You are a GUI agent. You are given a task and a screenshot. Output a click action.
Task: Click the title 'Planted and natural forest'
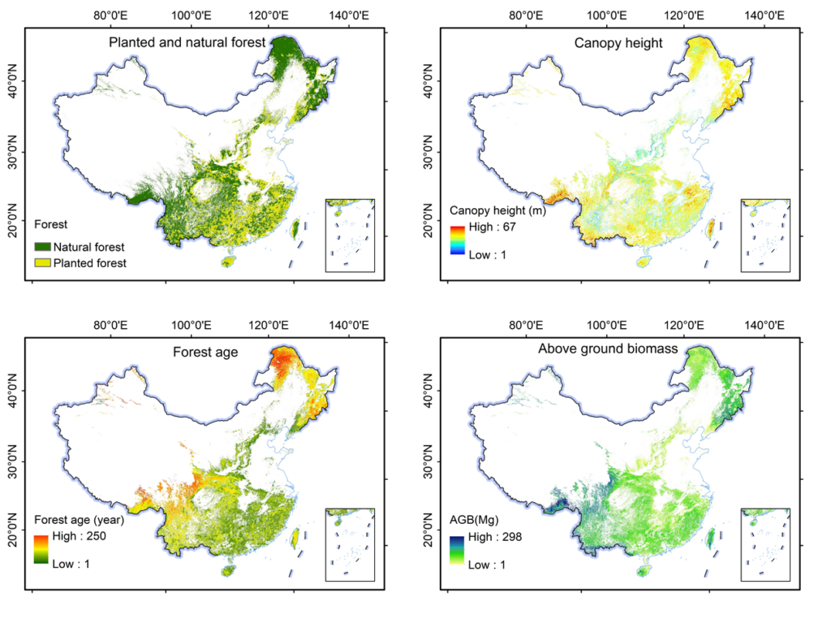click(x=187, y=42)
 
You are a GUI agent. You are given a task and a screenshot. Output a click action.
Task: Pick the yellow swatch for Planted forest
click(x=44, y=262)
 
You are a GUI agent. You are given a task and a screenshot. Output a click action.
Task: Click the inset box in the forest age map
click(x=350, y=544)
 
